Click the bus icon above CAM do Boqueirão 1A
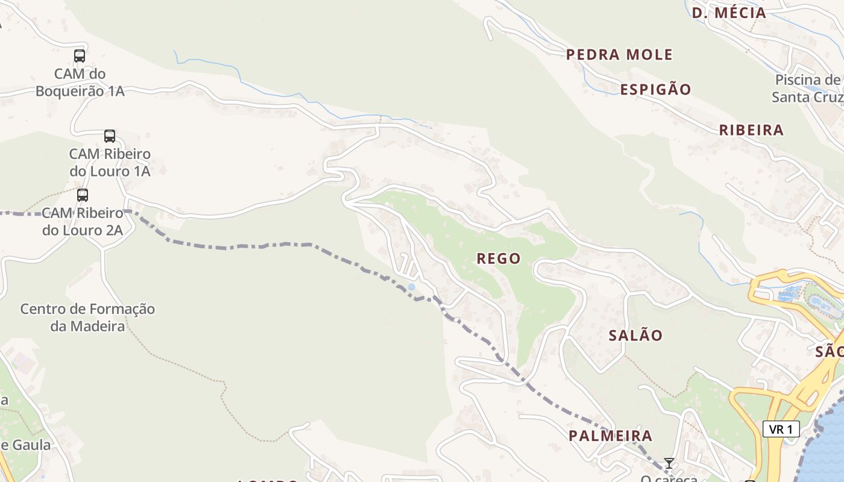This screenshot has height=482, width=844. click(80, 56)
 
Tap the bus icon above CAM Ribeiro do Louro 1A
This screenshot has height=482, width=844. click(109, 136)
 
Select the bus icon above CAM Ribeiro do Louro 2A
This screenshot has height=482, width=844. click(83, 195)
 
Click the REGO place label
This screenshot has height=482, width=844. click(499, 258)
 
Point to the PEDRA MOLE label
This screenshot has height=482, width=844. click(619, 55)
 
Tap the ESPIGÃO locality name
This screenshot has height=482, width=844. click(656, 90)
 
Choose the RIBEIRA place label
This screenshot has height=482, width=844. click(751, 130)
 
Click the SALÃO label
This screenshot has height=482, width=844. click(635, 336)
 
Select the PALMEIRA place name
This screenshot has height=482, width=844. click(611, 436)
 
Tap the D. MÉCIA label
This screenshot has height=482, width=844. click(728, 13)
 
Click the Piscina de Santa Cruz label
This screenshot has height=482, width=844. click(808, 89)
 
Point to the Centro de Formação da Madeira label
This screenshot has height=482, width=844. click(87, 318)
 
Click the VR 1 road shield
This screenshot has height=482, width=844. click(781, 429)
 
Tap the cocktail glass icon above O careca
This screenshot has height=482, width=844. click(669, 463)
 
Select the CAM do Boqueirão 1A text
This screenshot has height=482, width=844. click(80, 83)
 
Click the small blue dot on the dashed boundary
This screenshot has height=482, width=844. click(411, 287)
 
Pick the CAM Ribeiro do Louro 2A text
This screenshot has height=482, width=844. click(83, 221)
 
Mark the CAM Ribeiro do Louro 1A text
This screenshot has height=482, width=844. click(110, 163)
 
